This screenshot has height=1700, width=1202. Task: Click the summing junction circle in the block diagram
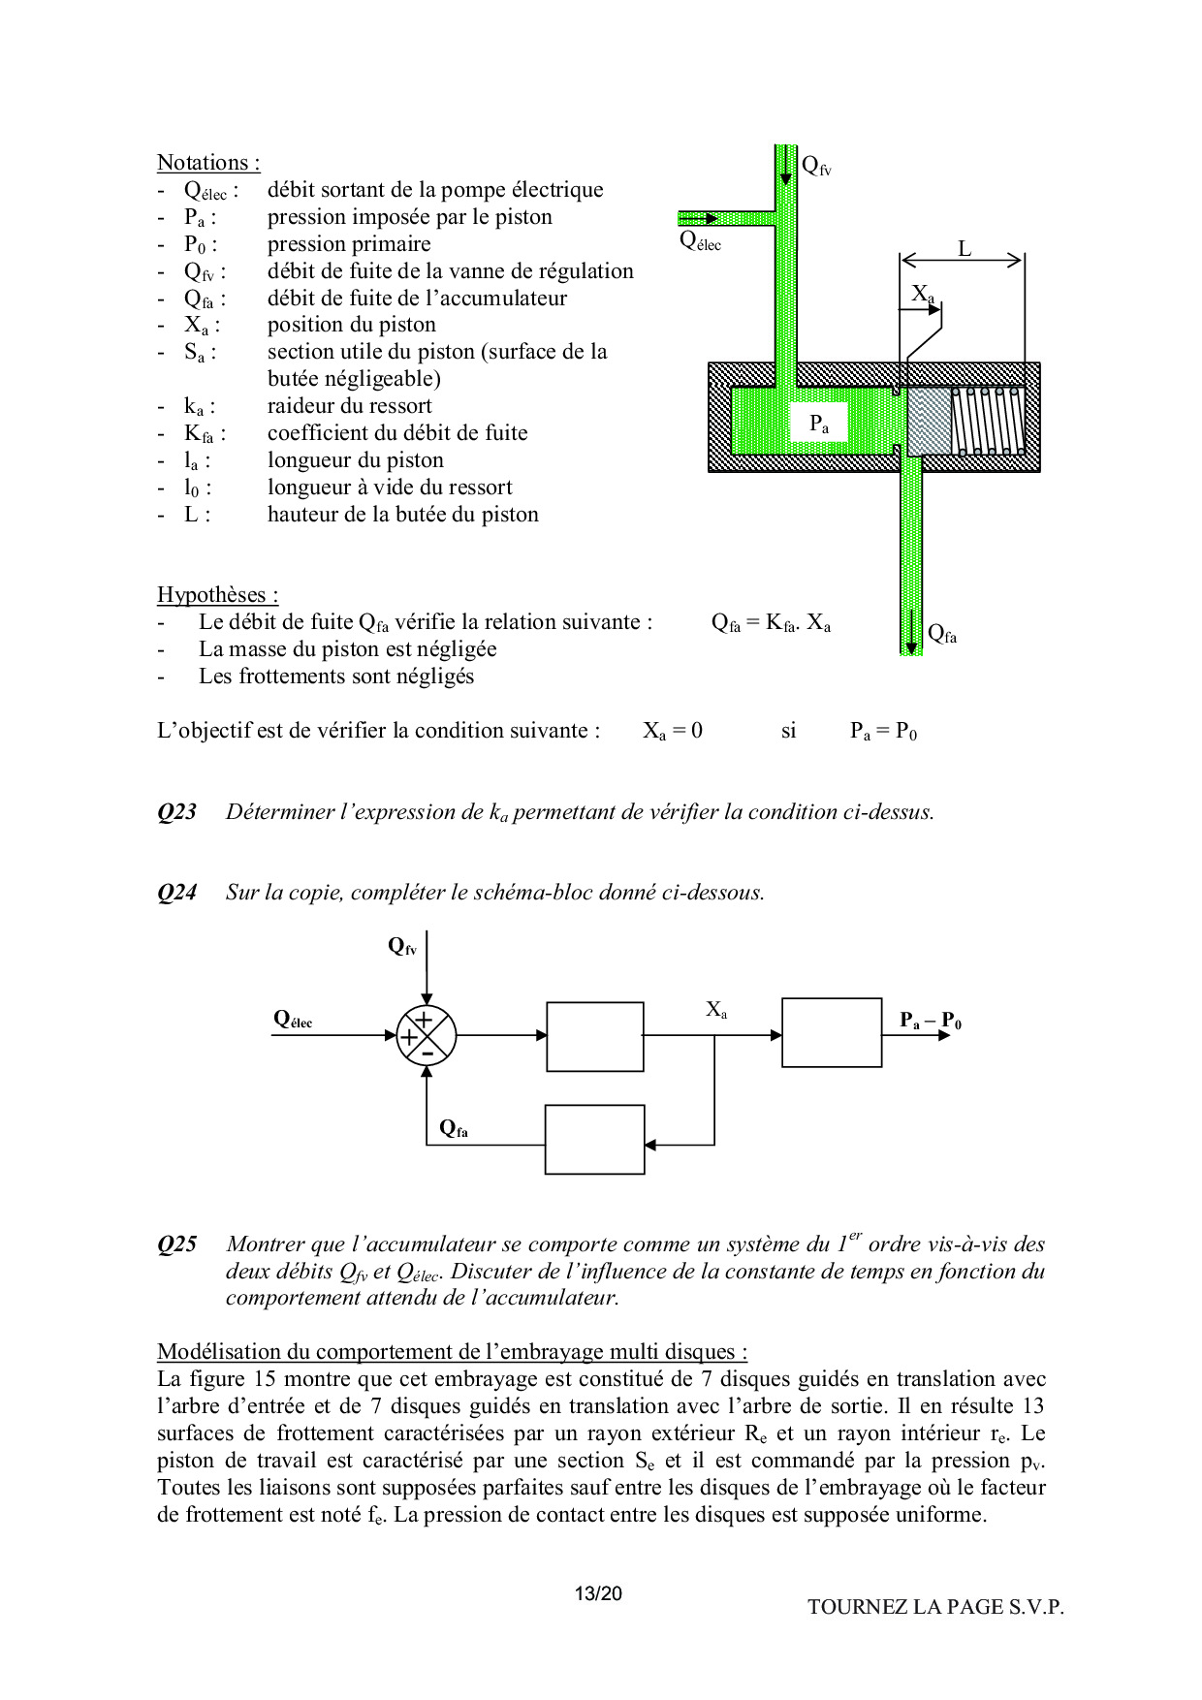(x=426, y=1035)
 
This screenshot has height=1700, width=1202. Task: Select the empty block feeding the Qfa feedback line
(x=594, y=1140)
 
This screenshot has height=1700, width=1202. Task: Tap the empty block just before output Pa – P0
(x=832, y=1032)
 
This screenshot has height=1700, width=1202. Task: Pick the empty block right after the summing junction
(x=595, y=1036)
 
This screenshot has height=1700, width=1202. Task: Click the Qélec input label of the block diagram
(x=293, y=1019)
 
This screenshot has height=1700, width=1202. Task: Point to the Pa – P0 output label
(x=930, y=1021)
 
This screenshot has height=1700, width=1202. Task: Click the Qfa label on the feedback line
(x=454, y=1128)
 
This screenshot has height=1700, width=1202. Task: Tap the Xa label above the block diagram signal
(x=716, y=1010)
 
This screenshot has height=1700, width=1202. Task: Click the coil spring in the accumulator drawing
(x=988, y=421)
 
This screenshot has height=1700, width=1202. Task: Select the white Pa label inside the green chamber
(x=819, y=424)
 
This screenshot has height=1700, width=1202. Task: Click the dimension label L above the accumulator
(x=965, y=249)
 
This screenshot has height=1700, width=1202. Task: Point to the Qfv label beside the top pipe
(x=816, y=166)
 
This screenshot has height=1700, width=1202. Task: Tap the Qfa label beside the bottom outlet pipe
(x=942, y=634)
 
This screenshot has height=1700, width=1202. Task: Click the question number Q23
(x=176, y=812)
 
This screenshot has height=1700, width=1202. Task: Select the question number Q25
(x=176, y=1244)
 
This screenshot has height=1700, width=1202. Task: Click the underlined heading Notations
(x=207, y=163)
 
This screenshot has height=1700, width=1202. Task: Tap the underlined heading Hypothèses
(x=217, y=595)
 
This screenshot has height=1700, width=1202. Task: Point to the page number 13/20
(x=598, y=1593)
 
